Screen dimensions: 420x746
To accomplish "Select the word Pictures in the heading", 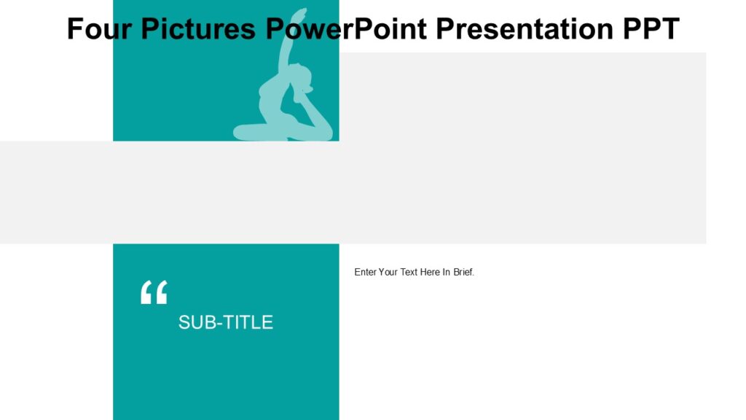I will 197,29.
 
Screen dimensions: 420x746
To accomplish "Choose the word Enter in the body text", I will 366,272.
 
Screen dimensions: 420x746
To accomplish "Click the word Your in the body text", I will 388,272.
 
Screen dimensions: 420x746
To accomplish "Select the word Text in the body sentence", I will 409,272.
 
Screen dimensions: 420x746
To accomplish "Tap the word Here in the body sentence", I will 431,272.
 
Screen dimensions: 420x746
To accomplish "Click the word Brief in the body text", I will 463,272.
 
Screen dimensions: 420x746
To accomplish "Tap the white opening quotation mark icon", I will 154,292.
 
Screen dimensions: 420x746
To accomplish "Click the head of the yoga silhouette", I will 301,75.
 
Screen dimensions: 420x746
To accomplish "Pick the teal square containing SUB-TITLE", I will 226,372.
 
